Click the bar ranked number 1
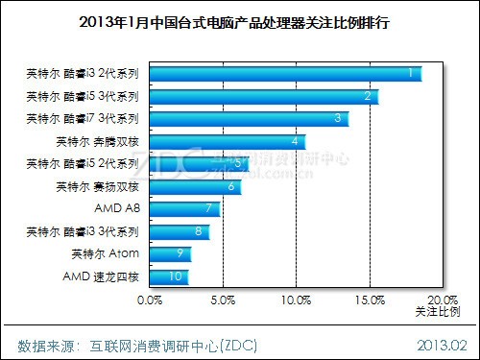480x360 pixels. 286,74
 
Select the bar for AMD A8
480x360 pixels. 185,209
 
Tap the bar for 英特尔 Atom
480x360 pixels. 171,254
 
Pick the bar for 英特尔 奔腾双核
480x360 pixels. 228,142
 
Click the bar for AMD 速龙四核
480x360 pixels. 169,277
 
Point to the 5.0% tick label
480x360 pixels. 223,300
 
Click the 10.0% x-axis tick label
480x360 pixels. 297,300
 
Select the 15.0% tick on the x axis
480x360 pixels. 370,300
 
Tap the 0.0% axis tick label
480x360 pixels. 150,300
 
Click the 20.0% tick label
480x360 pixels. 443,300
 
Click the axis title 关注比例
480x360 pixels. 438,311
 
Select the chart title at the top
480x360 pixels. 234,23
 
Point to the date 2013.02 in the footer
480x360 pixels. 442,346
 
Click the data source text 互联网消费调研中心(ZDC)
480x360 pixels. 173,346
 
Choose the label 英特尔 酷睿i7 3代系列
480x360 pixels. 83,119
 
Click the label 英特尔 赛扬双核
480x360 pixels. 98,186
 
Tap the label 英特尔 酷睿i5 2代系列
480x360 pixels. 83,164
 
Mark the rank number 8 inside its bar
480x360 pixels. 199,231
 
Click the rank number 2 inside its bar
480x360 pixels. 368,96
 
